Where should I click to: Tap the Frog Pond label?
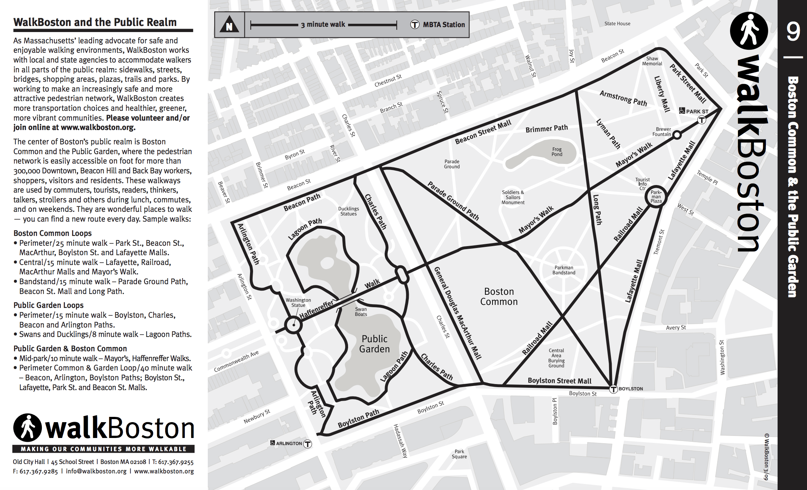coord(557,152)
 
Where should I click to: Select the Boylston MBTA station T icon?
coord(614,389)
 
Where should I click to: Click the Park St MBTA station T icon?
coord(701,120)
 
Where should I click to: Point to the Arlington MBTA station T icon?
coord(308,444)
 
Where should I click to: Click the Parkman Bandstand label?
coord(564,270)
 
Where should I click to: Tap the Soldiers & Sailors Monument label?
coord(513,197)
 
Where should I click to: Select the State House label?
coord(617,24)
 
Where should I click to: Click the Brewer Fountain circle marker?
coord(677,135)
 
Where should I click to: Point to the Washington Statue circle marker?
coord(293,325)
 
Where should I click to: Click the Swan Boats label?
coord(361,312)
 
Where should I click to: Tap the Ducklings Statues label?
coord(348,211)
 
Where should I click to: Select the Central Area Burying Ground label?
coord(556,358)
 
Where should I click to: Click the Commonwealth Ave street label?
coord(236,361)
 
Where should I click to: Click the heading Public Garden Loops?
coord(49,305)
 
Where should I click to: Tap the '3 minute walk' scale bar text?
coord(323,25)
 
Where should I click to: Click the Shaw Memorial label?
coord(652,61)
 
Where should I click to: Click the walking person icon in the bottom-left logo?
coord(28,428)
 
